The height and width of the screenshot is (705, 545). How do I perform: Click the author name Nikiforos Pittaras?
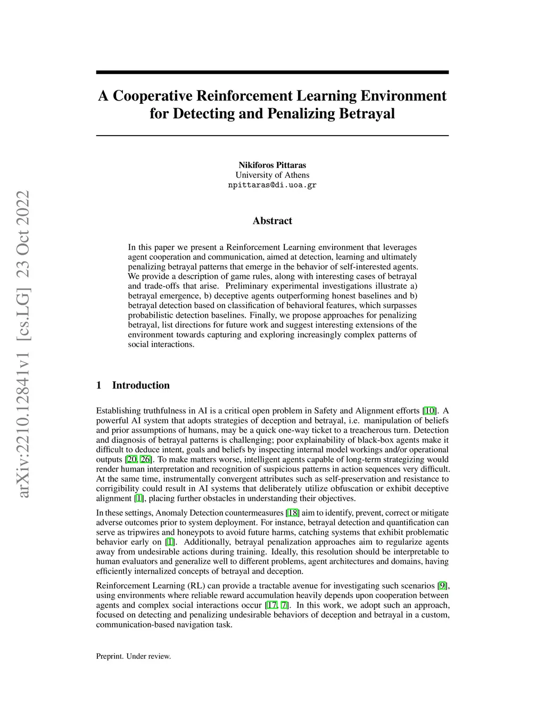pyautogui.click(x=272, y=165)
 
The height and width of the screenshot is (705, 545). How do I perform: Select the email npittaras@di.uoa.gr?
pyautogui.click(x=272, y=185)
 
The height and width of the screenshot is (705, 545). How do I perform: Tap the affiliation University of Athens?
pyautogui.click(x=272, y=175)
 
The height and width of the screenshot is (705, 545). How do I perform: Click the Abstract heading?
pyautogui.click(x=272, y=221)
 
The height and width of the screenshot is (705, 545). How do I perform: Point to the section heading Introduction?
pyautogui.click(x=141, y=385)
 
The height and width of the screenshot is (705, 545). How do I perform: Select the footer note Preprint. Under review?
pyautogui.click(x=133, y=656)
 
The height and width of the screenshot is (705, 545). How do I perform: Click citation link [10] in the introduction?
pyautogui.click(x=429, y=411)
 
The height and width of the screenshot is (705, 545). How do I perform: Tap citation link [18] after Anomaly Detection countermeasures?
pyautogui.click(x=293, y=513)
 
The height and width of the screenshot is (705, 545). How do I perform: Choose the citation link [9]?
pyautogui.click(x=442, y=586)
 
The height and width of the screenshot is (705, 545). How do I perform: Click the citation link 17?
pyautogui.click(x=272, y=605)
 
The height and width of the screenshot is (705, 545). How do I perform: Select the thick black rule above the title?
pyautogui.click(x=272, y=72)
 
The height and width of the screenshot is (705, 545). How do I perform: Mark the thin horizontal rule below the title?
pyautogui.click(x=272, y=136)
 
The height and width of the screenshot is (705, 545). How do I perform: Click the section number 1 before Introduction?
pyautogui.click(x=98, y=385)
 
